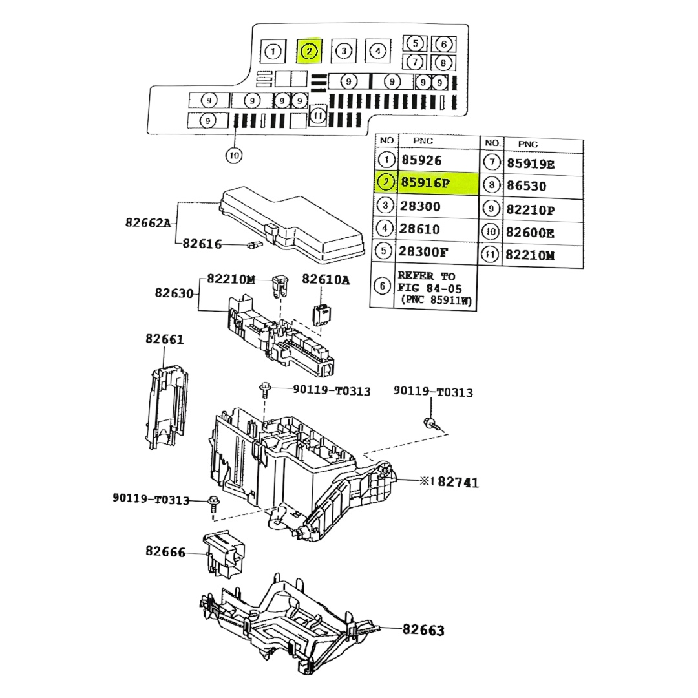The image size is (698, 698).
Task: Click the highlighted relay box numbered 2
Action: click(309, 50)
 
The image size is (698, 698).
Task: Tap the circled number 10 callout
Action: click(234, 155)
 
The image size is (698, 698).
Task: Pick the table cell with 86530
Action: click(526, 186)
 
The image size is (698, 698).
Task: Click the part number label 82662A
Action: click(148, 224)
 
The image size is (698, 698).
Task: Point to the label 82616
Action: click(202, 244)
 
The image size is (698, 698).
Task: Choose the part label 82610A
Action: click(326, 279)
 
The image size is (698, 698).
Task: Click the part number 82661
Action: click(164, 339)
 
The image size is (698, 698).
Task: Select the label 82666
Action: click(165, 551)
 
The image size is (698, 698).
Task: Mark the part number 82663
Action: click(423, 629)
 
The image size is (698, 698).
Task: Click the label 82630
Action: click(174, 293)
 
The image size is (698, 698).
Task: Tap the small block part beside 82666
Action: click(224, 553)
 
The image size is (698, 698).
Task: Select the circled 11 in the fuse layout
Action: click(317, 116)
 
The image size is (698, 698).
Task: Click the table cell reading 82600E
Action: click(530, 232)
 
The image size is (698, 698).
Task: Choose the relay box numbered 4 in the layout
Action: click(378, 50)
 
